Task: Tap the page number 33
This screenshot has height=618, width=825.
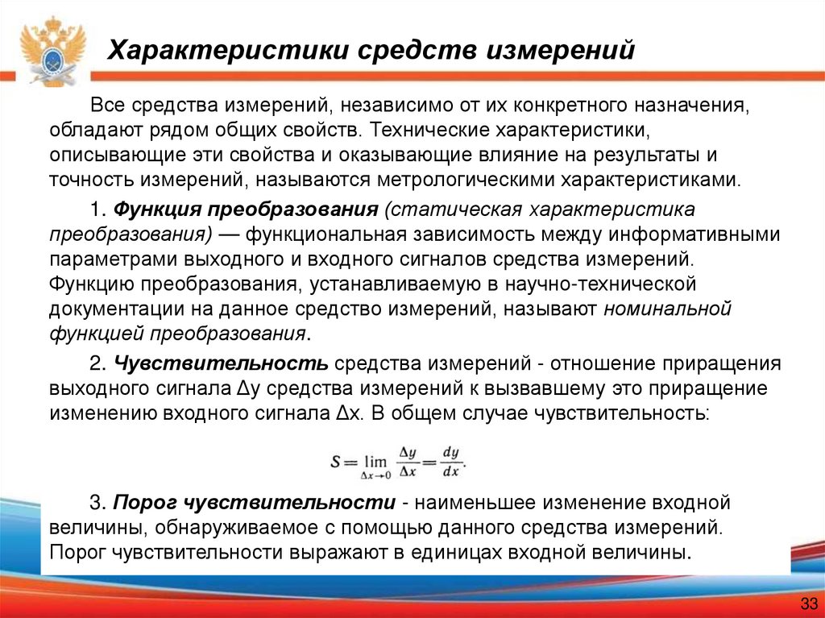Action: click(x=808, y=604)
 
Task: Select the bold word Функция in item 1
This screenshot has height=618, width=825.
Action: click(x=159, y=209)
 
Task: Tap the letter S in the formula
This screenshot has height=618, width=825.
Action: click(x=337, y=462)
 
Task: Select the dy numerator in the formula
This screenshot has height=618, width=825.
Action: click(x=450, y=454)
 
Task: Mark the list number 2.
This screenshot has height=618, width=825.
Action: click(x=97, y=363)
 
